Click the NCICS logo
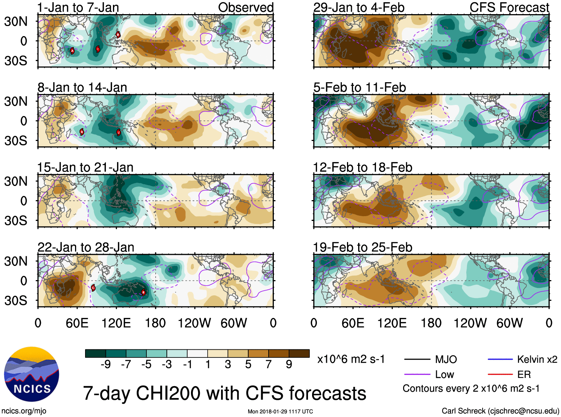tap(32, 374)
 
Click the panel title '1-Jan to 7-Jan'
tap(78, 7)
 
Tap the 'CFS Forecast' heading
tap(509, 7)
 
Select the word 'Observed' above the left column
tap(246, 7)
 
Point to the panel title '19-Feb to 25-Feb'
tap(363, 247)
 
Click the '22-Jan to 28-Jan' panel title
tap(86, 247)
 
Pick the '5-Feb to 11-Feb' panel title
tap(360, 87)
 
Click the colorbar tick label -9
tap(106, 365)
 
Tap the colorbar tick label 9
tap(289, 365)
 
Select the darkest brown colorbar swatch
tap(299, 353)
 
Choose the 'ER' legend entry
tap(524, 375)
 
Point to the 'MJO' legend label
tap(446, 359)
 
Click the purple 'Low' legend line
tap(417, 375)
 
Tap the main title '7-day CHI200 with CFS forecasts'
tap(224, 393)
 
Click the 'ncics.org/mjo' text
tap(24, 411)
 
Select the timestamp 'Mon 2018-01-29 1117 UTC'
tap(280, 411)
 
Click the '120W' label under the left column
tap(194, 323)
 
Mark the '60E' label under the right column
tap(353, 323)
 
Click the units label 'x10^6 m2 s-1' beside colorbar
tap(351, 359)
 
